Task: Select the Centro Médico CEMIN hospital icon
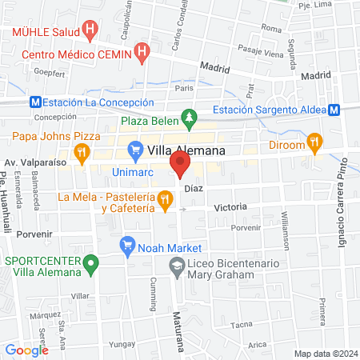(142, 54)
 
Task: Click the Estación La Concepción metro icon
(34, 102)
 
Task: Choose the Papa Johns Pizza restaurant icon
(81, 150)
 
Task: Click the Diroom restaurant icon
(315, 143)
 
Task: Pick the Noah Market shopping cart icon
(126, 244)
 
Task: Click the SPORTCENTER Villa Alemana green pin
(92, 261)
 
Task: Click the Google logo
(26, 350)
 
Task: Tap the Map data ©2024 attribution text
(325, 354)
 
